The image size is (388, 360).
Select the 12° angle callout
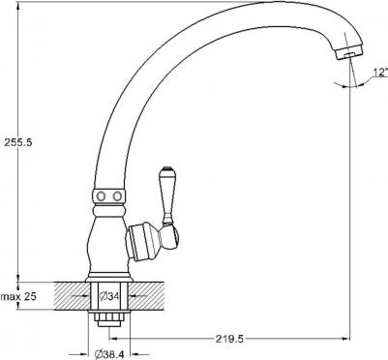tap(357, 74)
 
